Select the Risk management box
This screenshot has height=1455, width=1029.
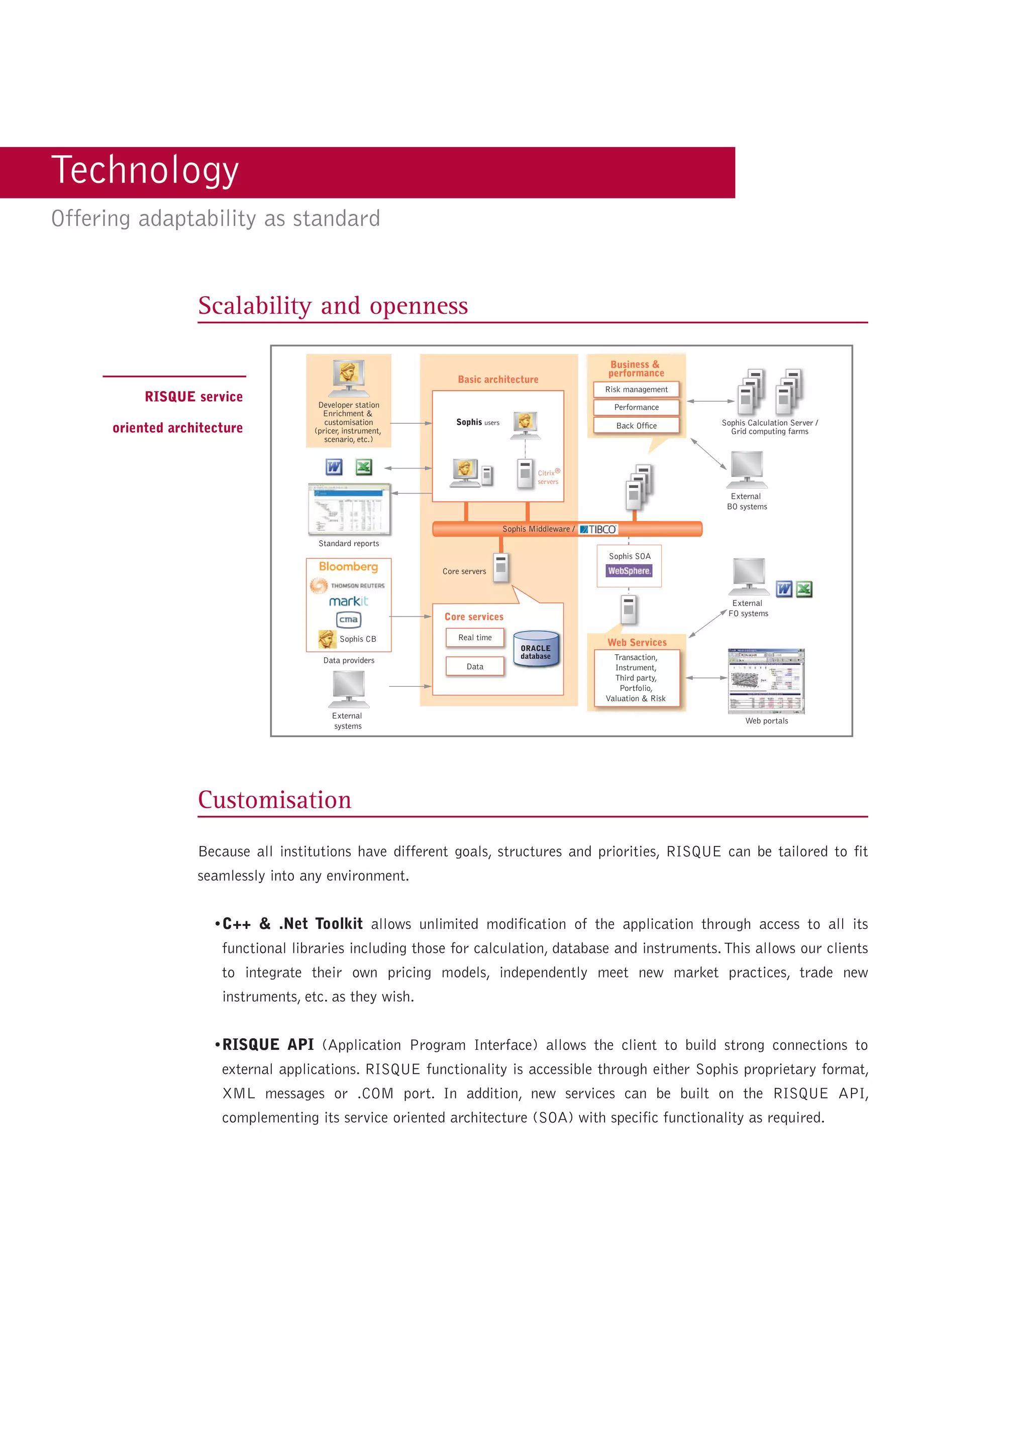pyautogui.click(x=636, y=389)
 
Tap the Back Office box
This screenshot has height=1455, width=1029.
pyautogui.click(x=636, y=425)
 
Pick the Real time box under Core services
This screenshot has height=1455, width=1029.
pyautogui.click(x=475, y=638)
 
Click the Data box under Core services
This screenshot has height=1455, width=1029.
pyautogui.click(x=475, y=666)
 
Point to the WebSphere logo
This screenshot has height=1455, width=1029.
pyautogui.click(x=629, y=571)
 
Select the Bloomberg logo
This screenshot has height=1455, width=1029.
pyautogui.click(x=348, y=566)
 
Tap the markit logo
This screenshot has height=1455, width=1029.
pyautogui.click(x=348, y=601)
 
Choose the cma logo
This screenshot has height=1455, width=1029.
pyautogui.click(x=348, y=619)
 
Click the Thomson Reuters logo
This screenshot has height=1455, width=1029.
pyautogui.click(x=347, y=585)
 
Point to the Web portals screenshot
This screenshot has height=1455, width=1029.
pyautogui.click(x=766, y=681)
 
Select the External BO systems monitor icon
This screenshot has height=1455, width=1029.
pyautogui.click(x=747, y=469)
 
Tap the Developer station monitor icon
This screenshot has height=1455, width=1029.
pyautogui.click(x=349, y=378)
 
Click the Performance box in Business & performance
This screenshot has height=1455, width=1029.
pyautogui.click(x=636, y=407)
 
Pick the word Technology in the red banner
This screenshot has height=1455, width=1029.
pyautogui.click(x=145, y=171)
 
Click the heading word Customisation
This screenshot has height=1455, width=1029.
pyautogui.click(x=274, y=800)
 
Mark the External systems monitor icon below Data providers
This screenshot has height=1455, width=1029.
pyautogui.click(x=348, y=689)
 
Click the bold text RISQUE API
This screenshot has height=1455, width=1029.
pyautogui.click(x=268, y=1044)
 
